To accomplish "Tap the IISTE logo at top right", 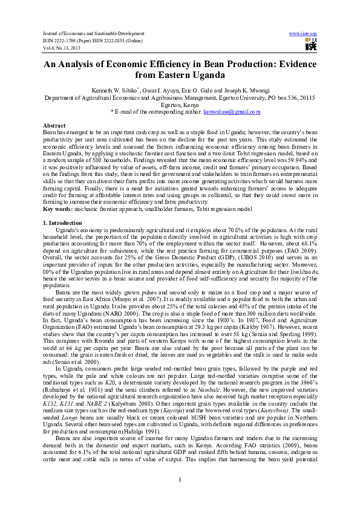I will (311, 44).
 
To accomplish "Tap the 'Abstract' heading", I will (54, 124).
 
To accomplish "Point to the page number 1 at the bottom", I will (180, 480).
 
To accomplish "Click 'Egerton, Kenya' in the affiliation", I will (180, 104).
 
